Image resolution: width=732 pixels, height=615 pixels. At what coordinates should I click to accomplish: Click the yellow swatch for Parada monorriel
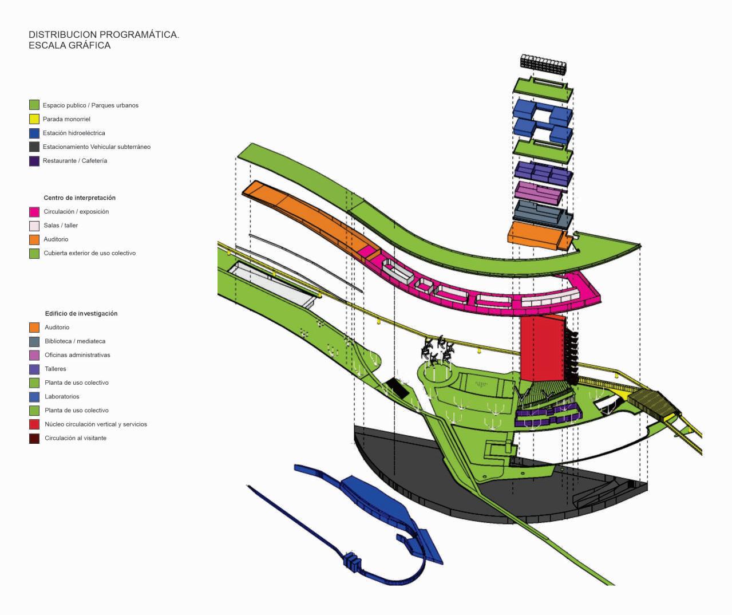(x=34, y=119)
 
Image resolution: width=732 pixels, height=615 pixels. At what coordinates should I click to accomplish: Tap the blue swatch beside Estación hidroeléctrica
(x=34, y=133)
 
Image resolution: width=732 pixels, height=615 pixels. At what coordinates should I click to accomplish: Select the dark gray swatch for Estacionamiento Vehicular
(x=34, y=147)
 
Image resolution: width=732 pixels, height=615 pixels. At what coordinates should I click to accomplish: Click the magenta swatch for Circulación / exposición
(x=34, y=212)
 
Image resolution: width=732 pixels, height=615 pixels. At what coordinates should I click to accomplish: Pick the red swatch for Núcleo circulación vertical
(x=34, y=424)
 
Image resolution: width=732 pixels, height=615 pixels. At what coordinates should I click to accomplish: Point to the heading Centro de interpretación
(x=80, y=198)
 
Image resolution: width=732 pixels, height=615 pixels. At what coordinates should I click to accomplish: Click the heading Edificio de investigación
(x=81, y=314)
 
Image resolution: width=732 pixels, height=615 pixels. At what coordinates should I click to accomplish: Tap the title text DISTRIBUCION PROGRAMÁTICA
(x=104, y=35)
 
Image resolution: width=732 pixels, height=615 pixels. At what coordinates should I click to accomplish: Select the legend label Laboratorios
(x=62, y=397)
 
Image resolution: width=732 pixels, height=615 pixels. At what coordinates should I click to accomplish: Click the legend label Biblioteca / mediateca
(x=75, y=341)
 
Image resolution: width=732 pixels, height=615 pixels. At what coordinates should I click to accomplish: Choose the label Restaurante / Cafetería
(x=74, y=161)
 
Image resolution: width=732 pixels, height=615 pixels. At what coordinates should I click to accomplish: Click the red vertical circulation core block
(x=541, y=348)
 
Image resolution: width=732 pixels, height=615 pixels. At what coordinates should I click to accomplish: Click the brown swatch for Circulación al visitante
(x=34, y=439)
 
